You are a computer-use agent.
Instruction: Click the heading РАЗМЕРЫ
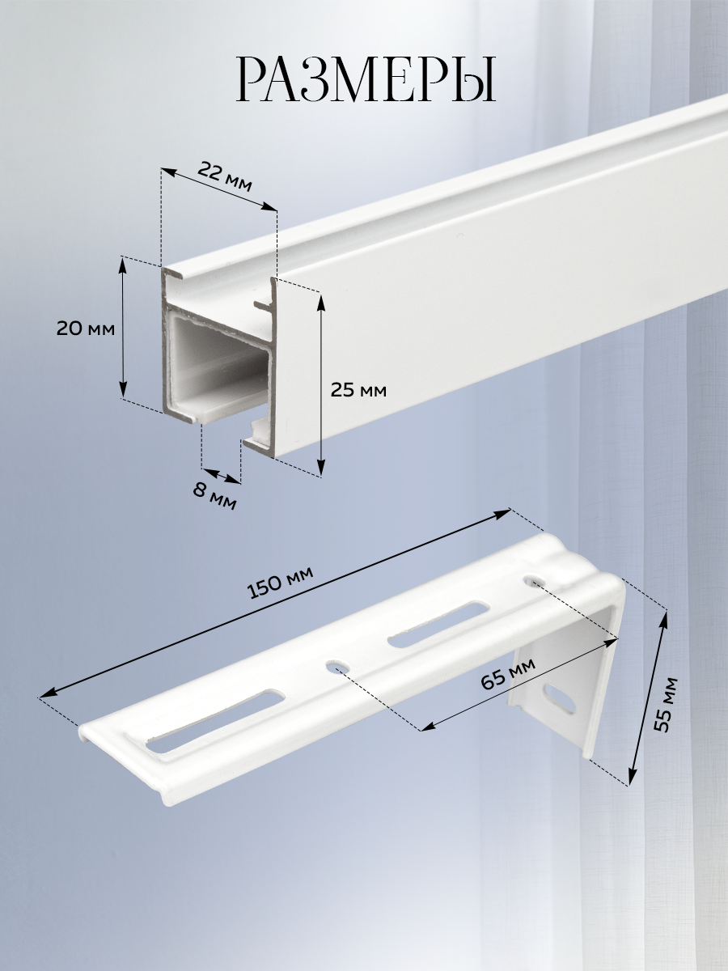[366, 80]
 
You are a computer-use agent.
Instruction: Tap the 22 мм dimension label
[225, 176]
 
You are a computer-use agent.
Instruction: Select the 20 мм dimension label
[85, 329]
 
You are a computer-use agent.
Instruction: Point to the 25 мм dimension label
[358, 390]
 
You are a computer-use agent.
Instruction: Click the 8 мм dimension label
[214, 496]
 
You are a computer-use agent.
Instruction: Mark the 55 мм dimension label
[665, 710]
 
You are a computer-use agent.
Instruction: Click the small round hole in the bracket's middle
[336, 664]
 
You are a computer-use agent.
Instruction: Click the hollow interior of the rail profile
[218, 363]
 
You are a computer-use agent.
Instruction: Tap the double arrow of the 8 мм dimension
[222, 476]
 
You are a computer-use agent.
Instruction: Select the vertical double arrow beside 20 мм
[123, 329]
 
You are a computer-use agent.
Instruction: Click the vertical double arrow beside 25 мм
[322, 384]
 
